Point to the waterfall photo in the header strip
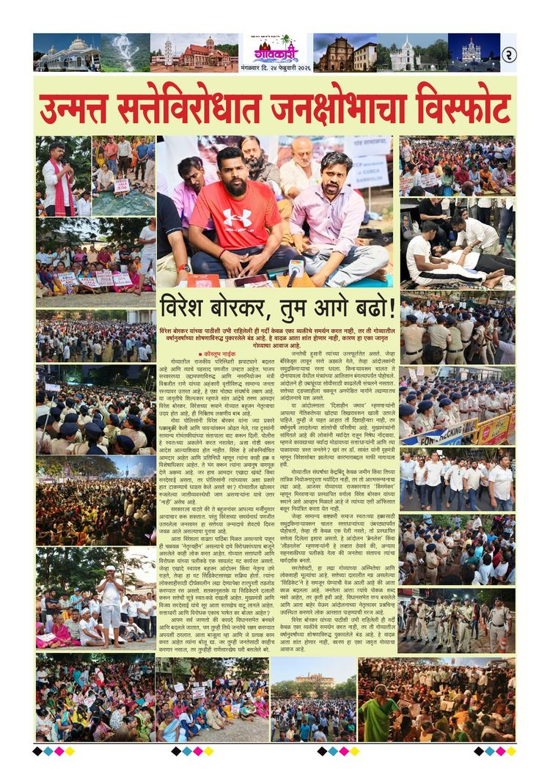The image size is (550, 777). pos(125,52)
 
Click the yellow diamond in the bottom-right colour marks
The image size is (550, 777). pos(511,751)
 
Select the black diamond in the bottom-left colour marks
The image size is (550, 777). pos(38,751)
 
